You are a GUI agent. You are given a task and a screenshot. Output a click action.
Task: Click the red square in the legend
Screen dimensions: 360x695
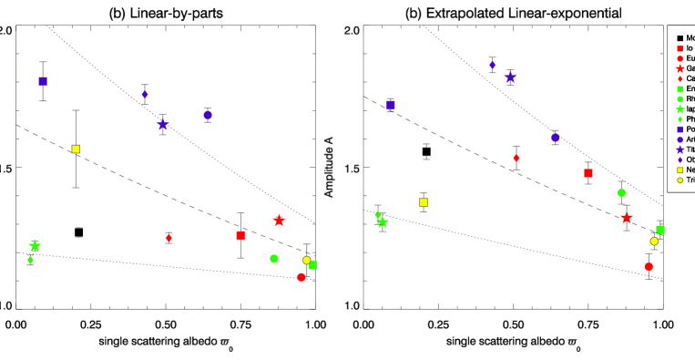click(x=680, y=49)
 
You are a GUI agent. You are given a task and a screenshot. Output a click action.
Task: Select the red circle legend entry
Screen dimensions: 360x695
click(x=680, y=59)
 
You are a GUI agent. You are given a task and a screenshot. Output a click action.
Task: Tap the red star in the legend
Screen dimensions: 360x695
click(x=680, y=69)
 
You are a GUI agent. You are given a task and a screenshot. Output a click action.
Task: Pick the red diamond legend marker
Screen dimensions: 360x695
click(x=680, y=79)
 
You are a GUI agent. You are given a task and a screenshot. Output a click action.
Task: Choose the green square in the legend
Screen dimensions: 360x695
click(x=680, y=89)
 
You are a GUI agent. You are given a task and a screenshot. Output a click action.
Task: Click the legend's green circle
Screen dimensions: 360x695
click(x=680, y=99)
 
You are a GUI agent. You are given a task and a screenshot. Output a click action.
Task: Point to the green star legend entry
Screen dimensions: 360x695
click(x=680, y=109)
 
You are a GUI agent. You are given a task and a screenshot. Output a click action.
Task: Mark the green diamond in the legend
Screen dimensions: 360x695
click(x=680, y=119)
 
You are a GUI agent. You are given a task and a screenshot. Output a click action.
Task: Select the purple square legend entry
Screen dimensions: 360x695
click(x=680, y=129)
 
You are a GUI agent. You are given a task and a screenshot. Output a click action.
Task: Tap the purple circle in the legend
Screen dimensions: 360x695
click(x=680, y=139)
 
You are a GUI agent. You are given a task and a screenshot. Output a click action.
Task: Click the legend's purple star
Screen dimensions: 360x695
click(x=680, y=149)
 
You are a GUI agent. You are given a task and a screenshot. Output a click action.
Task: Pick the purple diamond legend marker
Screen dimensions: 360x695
click(x=680, y=159)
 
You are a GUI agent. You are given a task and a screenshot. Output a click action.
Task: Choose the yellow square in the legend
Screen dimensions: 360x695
click(x=680, y=170)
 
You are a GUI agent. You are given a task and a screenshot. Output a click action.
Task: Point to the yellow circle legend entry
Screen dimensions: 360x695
click(x=680, y=180)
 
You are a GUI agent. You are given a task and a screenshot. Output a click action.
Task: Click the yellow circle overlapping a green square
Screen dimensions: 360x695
click(x=306, y=260)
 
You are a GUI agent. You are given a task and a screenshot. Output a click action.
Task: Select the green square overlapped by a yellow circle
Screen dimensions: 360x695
click(x=313, y=265)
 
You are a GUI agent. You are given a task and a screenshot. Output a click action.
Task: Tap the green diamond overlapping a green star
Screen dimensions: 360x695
click(x=377, y=215)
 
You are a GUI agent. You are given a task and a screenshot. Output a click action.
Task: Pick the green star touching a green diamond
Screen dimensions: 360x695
click(x=383, y=222)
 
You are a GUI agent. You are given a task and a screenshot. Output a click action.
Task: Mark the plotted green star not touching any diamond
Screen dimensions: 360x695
click(x=35, y=245)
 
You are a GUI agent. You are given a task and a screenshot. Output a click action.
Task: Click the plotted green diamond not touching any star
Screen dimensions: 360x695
click(x=30, y=260)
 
